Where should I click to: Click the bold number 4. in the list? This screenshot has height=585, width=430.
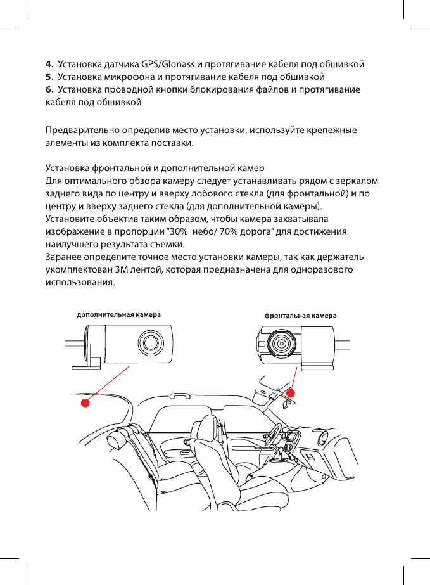(x=49, y=64)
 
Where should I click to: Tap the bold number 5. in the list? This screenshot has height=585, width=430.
(x=49, y=77)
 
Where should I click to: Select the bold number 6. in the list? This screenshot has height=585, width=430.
(x=49, y=89)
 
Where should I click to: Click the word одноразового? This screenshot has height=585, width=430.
(x=321, y=271)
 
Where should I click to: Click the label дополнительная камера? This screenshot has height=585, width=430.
(x=118, y=314)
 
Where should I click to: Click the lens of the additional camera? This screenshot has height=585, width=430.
(x=151, y=344)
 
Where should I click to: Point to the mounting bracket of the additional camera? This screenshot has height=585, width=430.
(x=93, y=361)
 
